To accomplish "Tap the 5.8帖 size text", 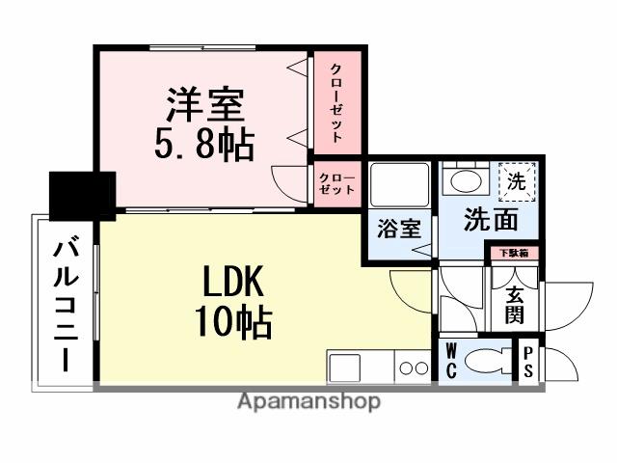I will (x=204, y=145).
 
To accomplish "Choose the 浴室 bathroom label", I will (x=398, y=230).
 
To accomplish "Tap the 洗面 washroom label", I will (x=492, y=220).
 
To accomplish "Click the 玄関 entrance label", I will (x=514, y=304).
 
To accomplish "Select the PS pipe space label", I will (x=529, y=364).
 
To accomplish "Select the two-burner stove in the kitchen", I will (x=414, y=368).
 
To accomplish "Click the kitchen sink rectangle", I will (x=344, y=368).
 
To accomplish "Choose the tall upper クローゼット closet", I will (x=336, y=102).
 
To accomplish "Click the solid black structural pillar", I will (x=82, y=194).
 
